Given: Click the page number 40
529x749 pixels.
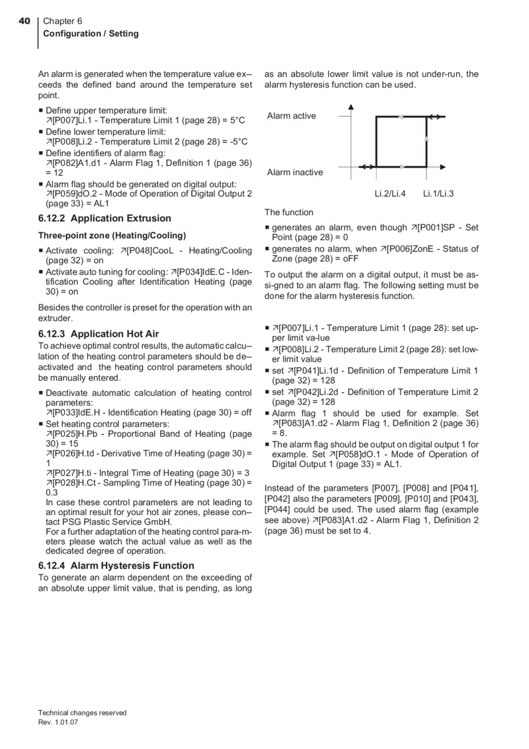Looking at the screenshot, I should pos(24,21).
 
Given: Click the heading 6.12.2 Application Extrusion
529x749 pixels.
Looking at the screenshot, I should pos(105,218).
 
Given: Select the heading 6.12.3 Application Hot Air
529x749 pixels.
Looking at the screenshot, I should pos(98,334).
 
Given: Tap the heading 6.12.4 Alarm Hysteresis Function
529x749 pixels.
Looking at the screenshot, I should pos(116,566).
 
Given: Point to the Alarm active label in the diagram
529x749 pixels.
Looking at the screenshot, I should pos(291,116).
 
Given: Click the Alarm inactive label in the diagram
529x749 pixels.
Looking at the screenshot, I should pos(294,172).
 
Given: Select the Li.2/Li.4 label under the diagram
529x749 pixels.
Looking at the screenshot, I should pos(390,193).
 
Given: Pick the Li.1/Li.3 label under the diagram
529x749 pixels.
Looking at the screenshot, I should pos(438,193).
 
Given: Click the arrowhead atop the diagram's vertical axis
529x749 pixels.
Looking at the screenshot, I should pos(351,107).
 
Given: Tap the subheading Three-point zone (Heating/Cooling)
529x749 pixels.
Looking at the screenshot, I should pos(112,235).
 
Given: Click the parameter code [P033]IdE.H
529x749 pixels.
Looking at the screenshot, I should pos(73,412).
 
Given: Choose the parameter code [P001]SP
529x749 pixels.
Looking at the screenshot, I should pos(437,228).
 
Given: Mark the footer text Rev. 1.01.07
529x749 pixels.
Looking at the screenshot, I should pos(58,723).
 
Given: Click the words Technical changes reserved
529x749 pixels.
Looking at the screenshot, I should pos(82,713).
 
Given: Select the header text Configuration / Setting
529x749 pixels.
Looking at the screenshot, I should pos(91,34).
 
